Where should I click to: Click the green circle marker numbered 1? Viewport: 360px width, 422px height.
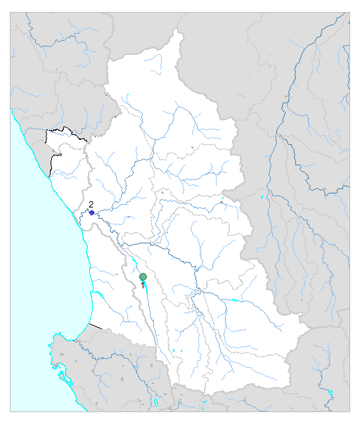143,276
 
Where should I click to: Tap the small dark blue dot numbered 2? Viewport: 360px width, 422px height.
91,212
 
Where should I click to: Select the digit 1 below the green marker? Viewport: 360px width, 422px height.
143,286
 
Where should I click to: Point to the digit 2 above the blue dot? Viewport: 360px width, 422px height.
91,204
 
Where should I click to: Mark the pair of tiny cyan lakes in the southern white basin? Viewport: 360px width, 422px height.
176,350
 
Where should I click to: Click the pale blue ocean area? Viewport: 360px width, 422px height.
35,281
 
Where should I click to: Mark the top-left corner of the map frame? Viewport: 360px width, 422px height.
11,11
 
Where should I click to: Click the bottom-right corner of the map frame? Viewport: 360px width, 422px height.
349,411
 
